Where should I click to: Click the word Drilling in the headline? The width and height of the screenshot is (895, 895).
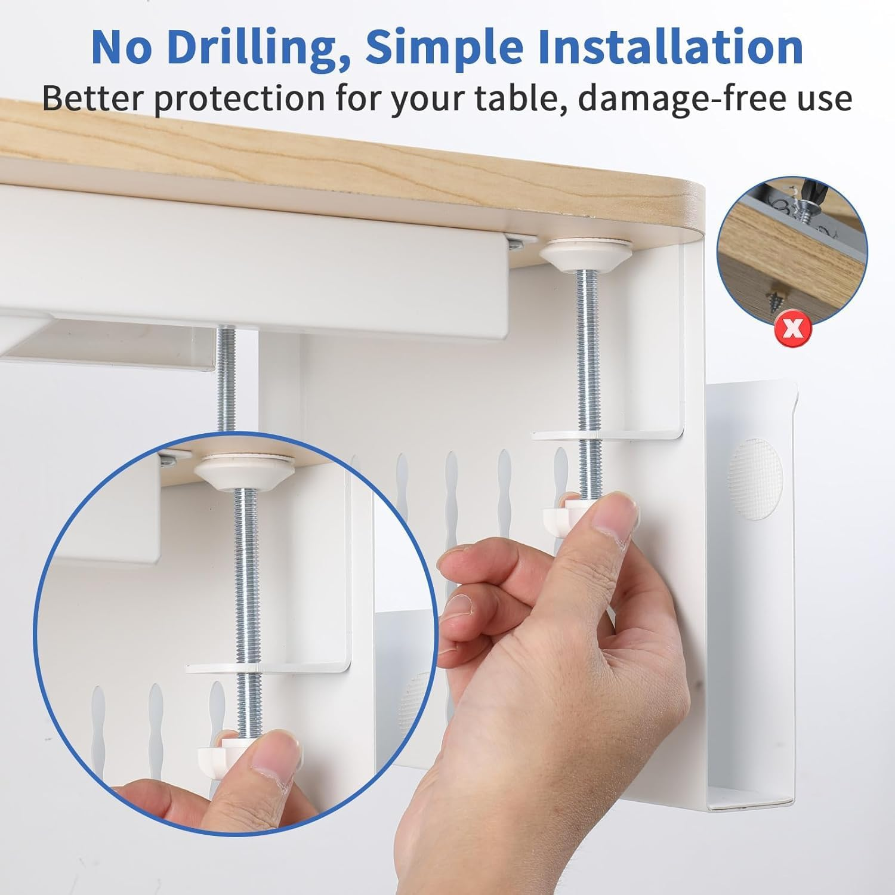point(257,48)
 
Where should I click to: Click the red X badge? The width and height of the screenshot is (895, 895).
point(792,329)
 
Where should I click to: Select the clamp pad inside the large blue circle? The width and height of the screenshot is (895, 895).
point(246,467)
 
